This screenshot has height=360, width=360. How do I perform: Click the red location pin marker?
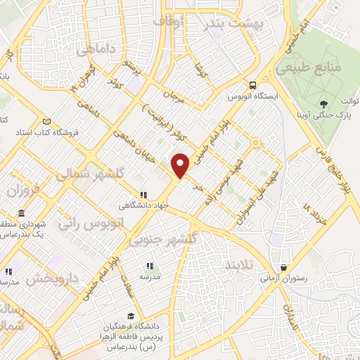(x=181, y=165)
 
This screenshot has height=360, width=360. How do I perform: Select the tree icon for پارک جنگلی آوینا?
(x=323, y=103)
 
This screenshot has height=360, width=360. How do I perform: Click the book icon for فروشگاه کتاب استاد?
(x=46, y=121)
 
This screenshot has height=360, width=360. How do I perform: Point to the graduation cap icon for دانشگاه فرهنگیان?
(x=131, y=316)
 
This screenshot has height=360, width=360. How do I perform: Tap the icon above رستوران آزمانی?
(x=283, y=268)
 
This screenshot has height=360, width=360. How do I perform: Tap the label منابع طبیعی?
(x=309, y=70)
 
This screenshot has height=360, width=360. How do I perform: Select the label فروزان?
(x=22, y=189)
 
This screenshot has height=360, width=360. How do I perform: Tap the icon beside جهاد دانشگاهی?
(x=143, y=195)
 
